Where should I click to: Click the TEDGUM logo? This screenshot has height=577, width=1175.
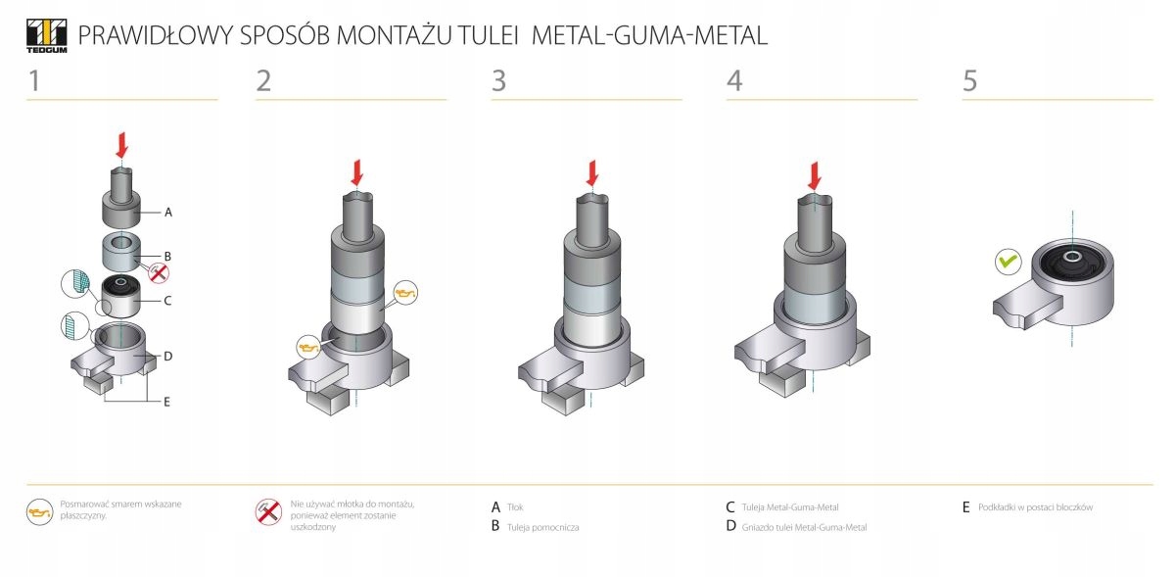pyautogui.click(x=45, y=34)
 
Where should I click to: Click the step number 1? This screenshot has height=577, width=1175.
pyautogui.click(x=34, y=81)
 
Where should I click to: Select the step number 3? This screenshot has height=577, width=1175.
pyautogui.click(x=499, y=81)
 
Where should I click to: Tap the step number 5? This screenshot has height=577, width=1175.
pyautogui.click(x=969, y=81)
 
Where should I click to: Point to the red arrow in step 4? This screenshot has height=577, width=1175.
pyautogui.click(x=813, y=176)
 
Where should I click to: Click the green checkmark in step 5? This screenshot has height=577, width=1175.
pyautogui.click(x=1008, y=262)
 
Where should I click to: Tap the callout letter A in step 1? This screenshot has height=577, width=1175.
pyautogui.click(x=168, y=212)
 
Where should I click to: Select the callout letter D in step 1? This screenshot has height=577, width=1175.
pyautogui.click(x=168, y=357)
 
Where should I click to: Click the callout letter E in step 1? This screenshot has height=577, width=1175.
pyautogui.click(x=167, y=401)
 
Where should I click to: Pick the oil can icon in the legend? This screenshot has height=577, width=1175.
pyautogui.click(x=39, y=512)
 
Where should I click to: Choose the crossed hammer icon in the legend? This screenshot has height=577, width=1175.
pyautogui.click(x=268, y=512)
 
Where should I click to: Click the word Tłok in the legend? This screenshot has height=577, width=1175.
pyautogui.click(x=515, y=507)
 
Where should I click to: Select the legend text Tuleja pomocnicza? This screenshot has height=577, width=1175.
pyautogui.click(x=542, y=527)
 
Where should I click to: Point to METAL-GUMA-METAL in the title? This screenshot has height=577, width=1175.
pyautogui.click(x=649, y=36)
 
